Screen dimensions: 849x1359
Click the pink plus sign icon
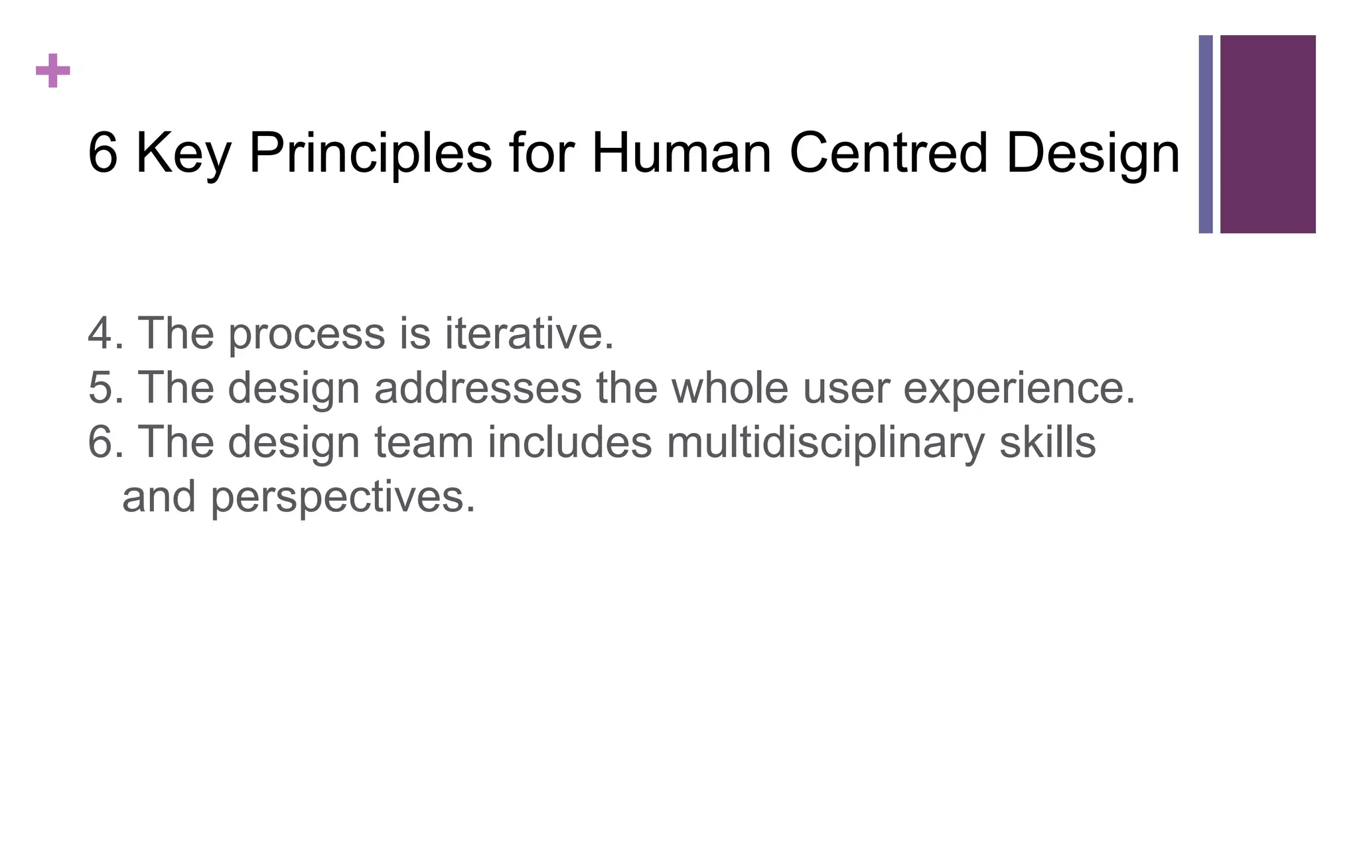53,71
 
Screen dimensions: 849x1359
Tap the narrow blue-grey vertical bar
1205,134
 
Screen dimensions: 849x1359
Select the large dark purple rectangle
1267,134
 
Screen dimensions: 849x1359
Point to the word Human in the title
681,153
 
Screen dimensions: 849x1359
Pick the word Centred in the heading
889,153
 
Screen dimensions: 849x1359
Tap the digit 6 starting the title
103,153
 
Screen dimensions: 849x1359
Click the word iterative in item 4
528,333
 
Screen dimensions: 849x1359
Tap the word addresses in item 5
478,387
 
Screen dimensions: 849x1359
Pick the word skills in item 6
1047,442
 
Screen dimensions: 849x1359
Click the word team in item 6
424,442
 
